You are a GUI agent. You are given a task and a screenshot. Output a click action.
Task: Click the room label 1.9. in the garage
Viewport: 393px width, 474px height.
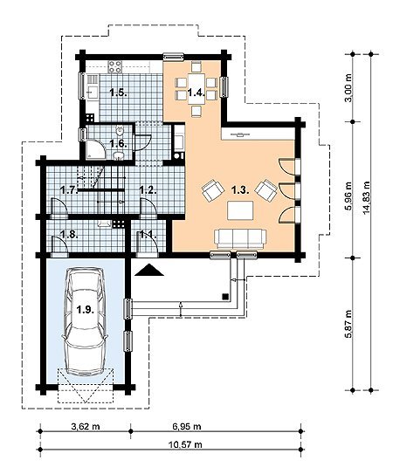85,309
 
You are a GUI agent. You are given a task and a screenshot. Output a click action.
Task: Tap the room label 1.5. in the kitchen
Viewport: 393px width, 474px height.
118,93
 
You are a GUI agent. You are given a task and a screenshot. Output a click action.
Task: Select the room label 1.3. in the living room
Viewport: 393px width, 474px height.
240,189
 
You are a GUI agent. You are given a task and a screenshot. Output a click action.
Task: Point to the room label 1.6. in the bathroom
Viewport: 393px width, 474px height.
118,143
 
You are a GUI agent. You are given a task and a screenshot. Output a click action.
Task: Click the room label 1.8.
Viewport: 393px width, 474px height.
69,234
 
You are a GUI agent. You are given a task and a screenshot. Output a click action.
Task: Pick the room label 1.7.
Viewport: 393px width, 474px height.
68,190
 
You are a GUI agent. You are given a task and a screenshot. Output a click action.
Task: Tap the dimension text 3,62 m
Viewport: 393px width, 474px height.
85,427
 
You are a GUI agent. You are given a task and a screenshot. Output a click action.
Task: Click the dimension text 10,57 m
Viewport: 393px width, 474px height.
185,444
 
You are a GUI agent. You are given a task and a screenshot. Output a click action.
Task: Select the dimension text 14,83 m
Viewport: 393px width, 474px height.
367,197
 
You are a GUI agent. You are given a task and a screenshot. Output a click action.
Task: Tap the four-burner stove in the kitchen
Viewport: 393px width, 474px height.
115,67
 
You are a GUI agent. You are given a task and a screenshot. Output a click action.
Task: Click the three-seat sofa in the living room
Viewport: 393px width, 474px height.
240,239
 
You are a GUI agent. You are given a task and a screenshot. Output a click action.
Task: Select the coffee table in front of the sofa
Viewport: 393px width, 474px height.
240,210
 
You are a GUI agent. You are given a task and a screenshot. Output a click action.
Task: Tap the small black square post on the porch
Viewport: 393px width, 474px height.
224,296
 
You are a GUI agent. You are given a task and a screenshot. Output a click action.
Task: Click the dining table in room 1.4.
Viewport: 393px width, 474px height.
196,88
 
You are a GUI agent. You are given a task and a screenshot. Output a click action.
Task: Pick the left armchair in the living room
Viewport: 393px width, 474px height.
213,189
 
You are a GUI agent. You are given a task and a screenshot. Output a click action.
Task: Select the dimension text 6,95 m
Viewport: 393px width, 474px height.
187,427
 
